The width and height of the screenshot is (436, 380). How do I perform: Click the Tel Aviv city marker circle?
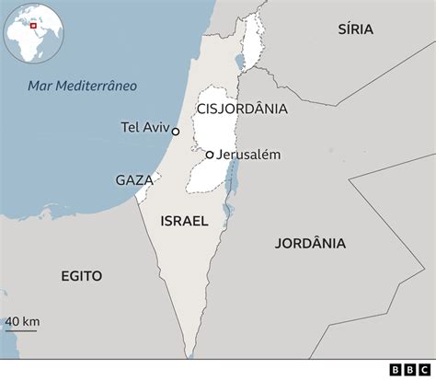[x=176, y=132]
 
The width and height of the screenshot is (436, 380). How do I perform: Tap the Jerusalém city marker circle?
[x=210, y=155]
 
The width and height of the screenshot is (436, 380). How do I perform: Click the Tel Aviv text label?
[x=144, y=127]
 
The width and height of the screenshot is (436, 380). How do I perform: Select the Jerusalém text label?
[x=248, y=155]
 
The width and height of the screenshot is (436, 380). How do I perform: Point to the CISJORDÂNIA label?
[x=241, y=109]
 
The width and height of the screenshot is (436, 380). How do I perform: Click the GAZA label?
[x=134, y=180]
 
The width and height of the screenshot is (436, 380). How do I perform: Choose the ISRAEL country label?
[x=184, y=221]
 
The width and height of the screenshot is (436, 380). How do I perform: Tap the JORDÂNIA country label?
[x=310, y=244]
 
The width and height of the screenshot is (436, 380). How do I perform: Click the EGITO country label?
[x=82, y=276]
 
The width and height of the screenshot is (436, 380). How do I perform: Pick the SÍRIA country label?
[x=354, y=29]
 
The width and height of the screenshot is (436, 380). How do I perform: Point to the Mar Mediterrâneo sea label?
[x=82, y=86]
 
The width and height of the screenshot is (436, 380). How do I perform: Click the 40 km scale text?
[x=22, y=321]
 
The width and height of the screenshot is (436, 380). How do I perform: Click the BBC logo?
[x=408, y=369]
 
